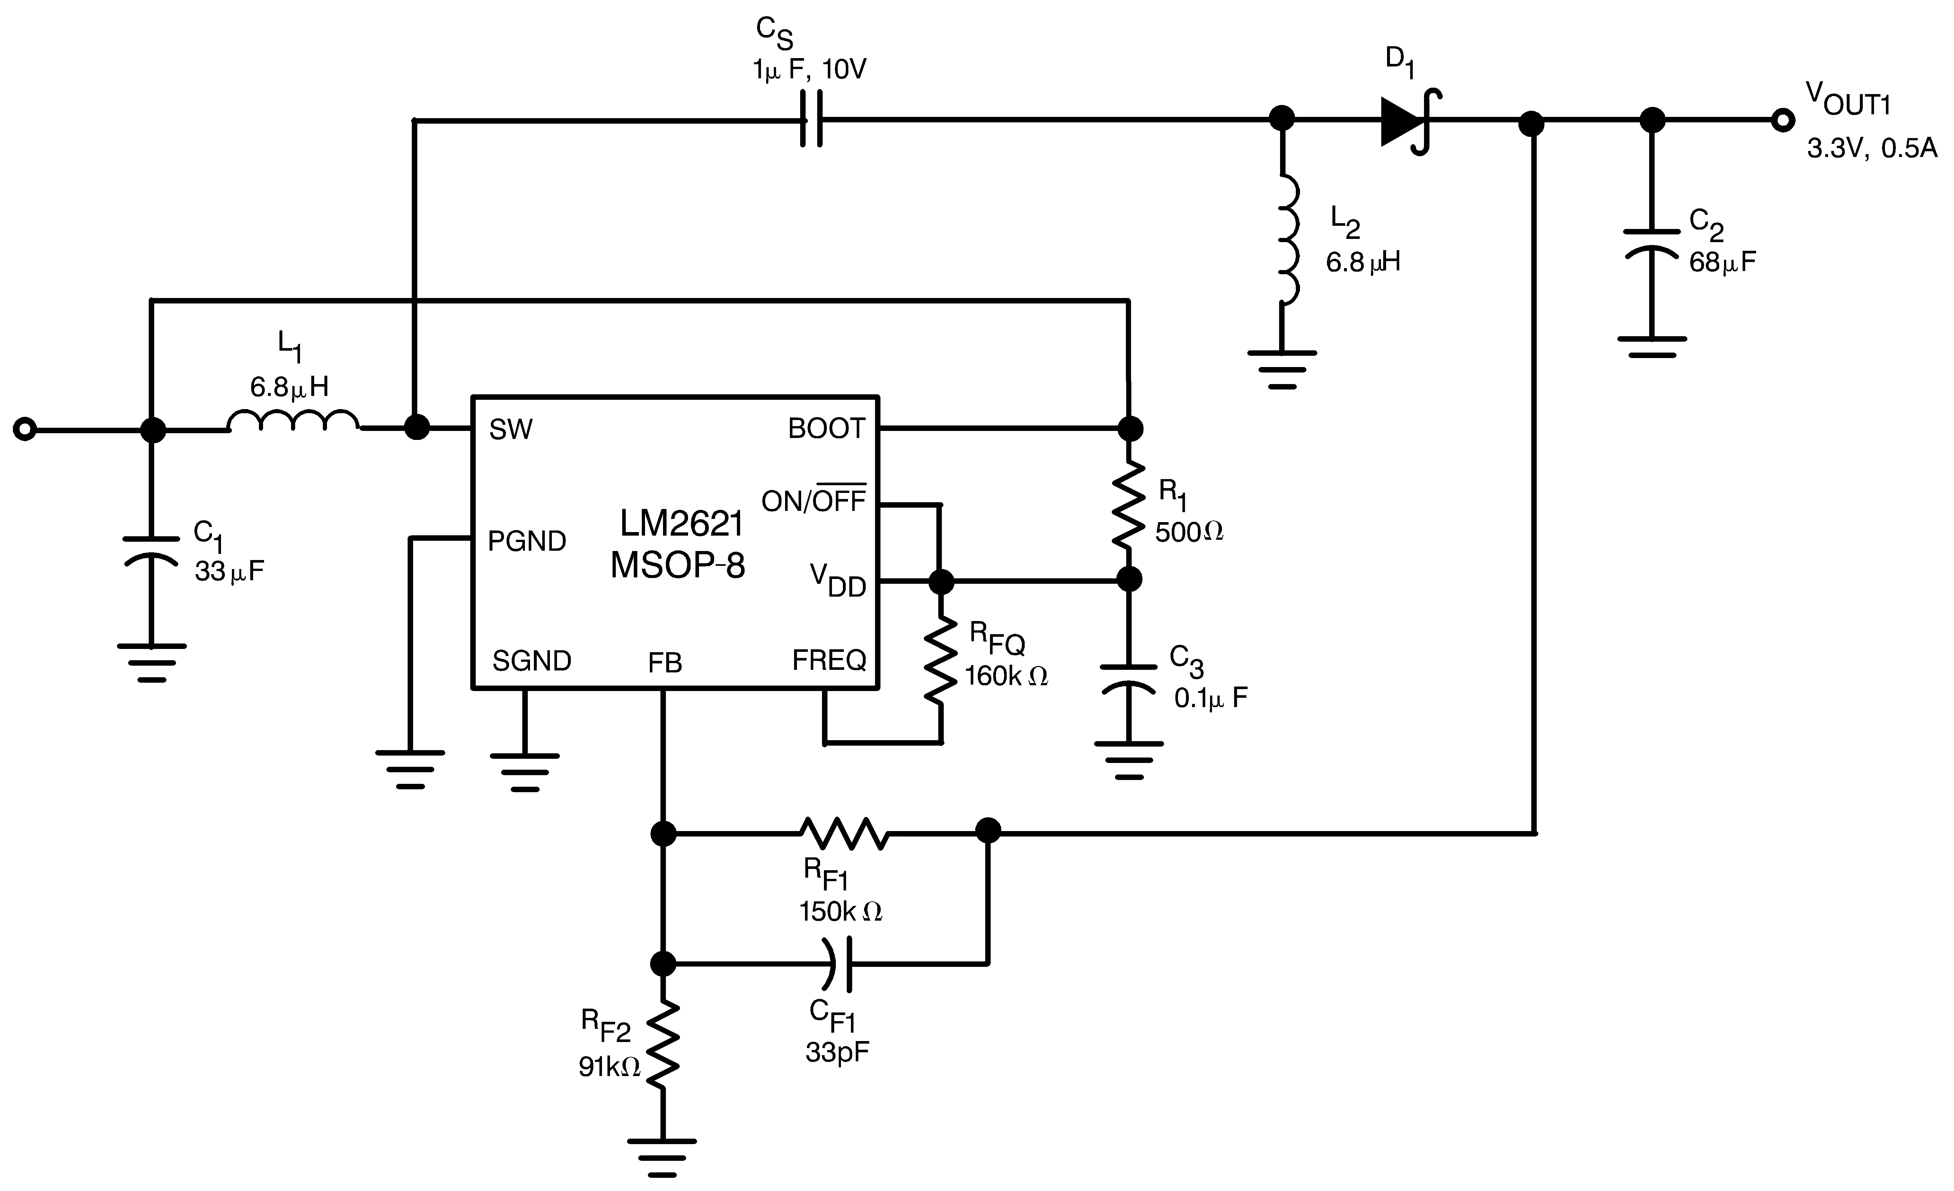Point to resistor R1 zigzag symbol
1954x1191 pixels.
pos(1128,505)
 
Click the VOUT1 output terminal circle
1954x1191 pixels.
pos(1783,120)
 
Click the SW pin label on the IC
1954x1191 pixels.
pos(511,430)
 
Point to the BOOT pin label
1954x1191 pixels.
pos(826,429)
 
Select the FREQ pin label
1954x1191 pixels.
pos(829,660)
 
